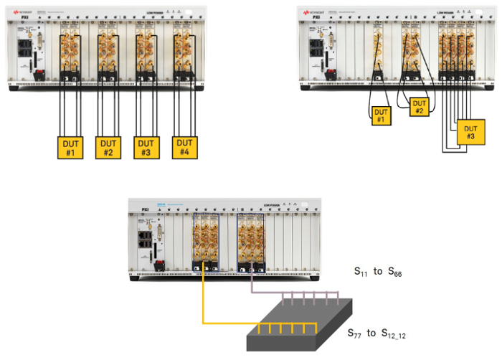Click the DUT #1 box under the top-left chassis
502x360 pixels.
(71, 147)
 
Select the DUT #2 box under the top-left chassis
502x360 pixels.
(108, 147)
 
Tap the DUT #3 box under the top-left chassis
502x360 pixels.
(146, 147)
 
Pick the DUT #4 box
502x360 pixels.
(185, 147)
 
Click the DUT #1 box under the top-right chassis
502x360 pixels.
(382, 115)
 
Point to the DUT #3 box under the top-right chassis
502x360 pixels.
(470, 132)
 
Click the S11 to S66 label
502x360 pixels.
(379, 273)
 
